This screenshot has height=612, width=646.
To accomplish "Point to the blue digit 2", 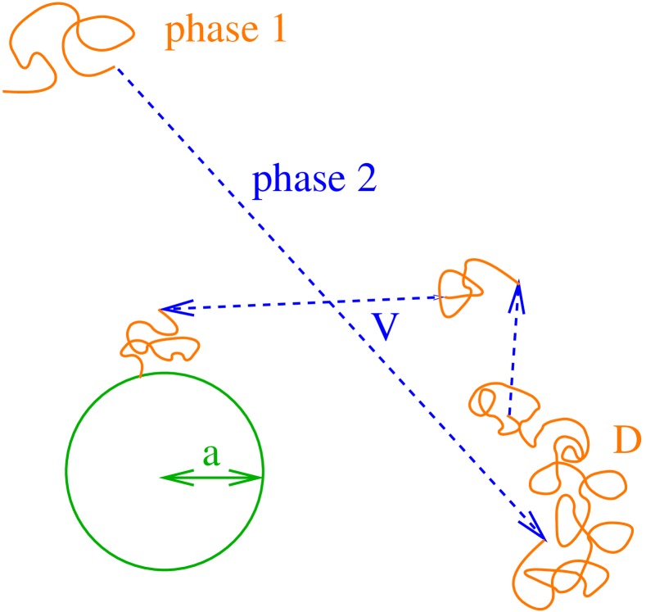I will pos(365,179).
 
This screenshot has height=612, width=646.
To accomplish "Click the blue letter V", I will pos(384,326).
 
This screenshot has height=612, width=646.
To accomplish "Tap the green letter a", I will pos(211,456).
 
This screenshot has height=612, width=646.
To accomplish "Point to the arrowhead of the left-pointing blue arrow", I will pos(170,308).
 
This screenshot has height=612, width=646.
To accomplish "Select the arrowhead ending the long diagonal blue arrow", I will pos(537,528).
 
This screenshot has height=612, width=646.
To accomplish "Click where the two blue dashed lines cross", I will pos(329,302).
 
